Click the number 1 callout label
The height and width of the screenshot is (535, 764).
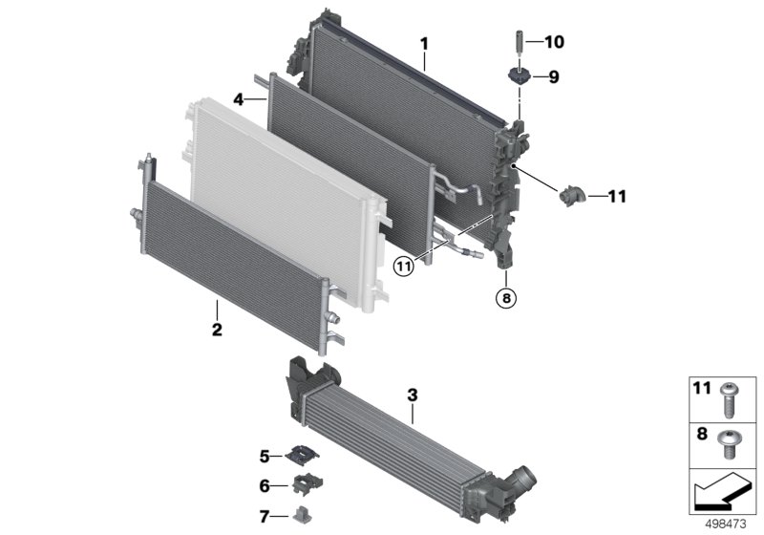click(424, 44)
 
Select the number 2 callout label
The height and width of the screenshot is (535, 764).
click(217, 330)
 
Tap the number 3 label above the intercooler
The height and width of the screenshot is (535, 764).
click(413, 396)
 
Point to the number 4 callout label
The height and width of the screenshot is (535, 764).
click(238, 99)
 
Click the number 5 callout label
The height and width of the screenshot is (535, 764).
click(265, 457)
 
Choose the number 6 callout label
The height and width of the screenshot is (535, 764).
click(265, 485)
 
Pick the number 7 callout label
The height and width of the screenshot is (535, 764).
click(265, 517)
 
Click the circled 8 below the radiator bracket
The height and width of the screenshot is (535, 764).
click(506, 297)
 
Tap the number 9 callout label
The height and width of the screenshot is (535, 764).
click(554, 77)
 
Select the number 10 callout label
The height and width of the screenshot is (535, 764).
click(554, 42)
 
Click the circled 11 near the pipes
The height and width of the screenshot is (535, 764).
click(403, 266)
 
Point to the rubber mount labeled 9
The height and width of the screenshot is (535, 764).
click(519, 76)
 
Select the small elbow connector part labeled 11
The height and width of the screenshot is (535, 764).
click(571, 196)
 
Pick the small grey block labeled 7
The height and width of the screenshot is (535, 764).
click(303, 514)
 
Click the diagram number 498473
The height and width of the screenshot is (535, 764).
click(726, 524)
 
